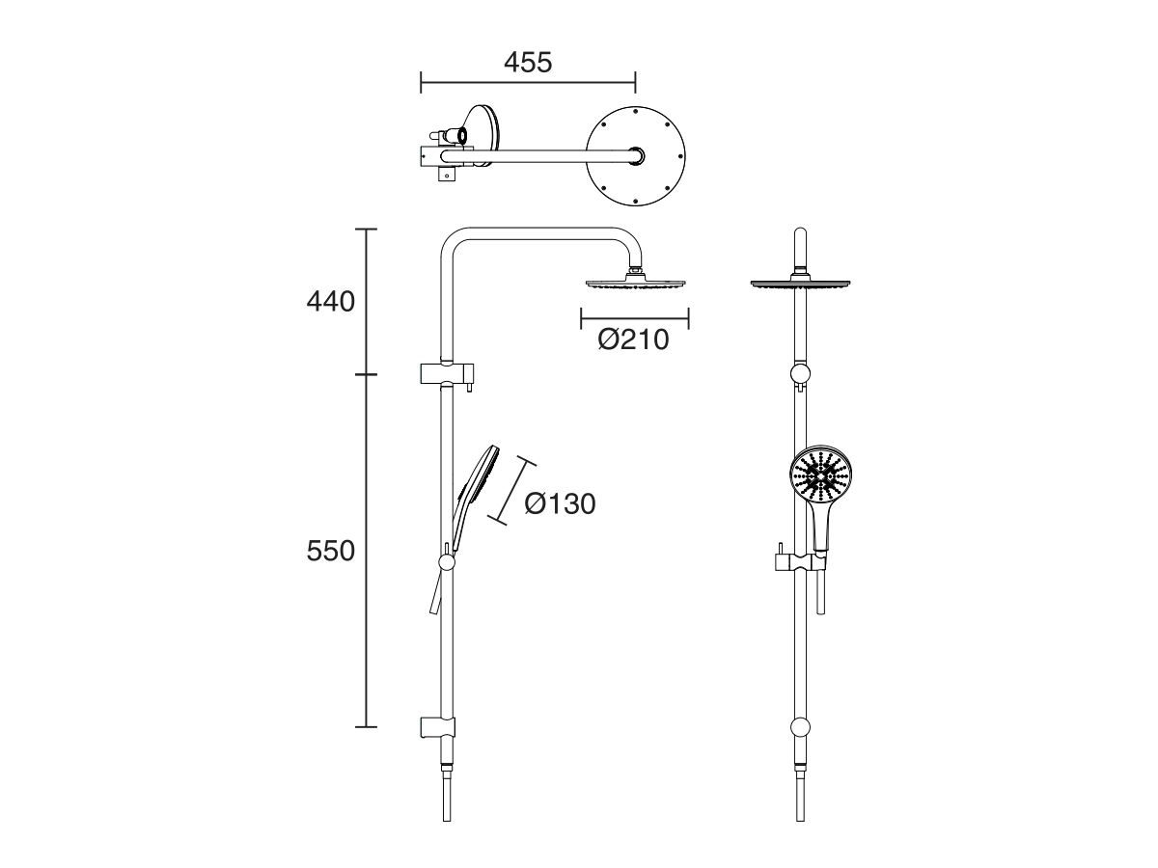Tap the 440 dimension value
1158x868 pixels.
click(x=331, y=301)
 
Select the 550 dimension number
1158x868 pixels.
click(x=331, y=551)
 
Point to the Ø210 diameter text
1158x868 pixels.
click(x=633, y=339)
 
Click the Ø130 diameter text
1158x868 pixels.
click(x=560, y=502)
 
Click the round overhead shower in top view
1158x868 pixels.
click(x=636, y=153)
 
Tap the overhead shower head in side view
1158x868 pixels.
click(x=634, y=283)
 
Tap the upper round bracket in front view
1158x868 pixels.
click(x=801, y=375)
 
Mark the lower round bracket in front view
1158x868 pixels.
click(x=801, y=728)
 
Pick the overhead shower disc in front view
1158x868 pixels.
click(x=801, y=283)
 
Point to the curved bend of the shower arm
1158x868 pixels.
click(x=452, y=243)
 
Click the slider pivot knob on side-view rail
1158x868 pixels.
click(x=447, y=562)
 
